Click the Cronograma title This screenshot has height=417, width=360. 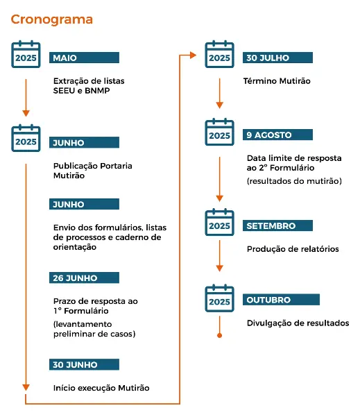point(51,19)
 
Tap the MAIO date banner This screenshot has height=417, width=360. point(84,58)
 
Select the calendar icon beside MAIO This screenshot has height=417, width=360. point(26,54)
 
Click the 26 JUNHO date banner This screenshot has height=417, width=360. point(84,278)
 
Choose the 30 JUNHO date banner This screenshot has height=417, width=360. point(84,364)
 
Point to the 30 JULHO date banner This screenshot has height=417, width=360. point(277,58)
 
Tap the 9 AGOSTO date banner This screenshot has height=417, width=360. point(277,135)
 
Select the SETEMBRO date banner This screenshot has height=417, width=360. point(277,225)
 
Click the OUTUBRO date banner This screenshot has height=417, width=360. point(281,300)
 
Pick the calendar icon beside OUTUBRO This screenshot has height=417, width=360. point(219,298)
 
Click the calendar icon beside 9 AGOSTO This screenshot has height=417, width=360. point(219,132)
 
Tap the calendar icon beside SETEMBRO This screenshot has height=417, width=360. point(219,222)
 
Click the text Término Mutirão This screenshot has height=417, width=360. point(277,81)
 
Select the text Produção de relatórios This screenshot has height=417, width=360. point(293,249)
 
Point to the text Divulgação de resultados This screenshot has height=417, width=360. point(298,323)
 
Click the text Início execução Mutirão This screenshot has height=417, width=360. point(101,388)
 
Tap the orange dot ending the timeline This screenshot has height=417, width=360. point(219,336)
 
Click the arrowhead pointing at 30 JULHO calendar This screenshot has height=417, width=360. point(193,56)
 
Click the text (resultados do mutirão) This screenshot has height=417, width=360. point(294,181)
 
